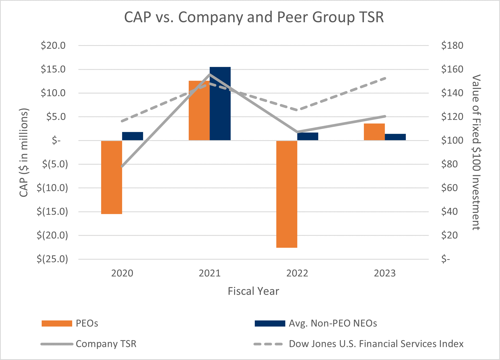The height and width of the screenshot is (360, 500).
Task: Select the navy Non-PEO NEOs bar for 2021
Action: tap(220, 104)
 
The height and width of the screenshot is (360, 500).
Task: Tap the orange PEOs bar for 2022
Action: tap(287, 194)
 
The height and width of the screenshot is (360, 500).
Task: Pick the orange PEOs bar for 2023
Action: tap(374, 132)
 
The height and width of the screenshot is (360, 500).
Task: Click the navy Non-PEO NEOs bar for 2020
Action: tap(132, 136)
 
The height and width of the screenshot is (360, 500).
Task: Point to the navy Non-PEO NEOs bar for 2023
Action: tap(395, 137)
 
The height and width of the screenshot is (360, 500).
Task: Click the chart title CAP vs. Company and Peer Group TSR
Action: tap(254, 17)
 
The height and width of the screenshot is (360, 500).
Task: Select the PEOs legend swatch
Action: tap(57, 323)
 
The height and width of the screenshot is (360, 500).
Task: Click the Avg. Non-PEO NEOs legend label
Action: tap(333, 323)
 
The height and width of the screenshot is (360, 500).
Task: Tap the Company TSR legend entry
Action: tap(106, 344)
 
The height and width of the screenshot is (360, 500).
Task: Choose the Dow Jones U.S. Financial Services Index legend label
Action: tap(376, 344)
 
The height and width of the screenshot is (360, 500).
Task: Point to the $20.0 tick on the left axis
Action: tap(53, 46)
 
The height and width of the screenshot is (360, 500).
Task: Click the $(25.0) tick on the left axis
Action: tap(52, 259)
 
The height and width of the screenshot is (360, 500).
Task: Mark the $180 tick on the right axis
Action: tap(452, 46)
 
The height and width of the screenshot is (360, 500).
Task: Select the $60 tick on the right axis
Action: tap(450, 188)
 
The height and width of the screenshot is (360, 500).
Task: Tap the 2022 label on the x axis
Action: tap(297, 273)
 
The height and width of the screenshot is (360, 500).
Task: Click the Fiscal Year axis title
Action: tap(253, 291)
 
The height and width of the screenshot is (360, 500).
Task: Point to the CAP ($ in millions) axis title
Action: tap(24, 152)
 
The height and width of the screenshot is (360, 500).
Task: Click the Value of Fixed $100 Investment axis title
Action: tap(476, 152)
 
